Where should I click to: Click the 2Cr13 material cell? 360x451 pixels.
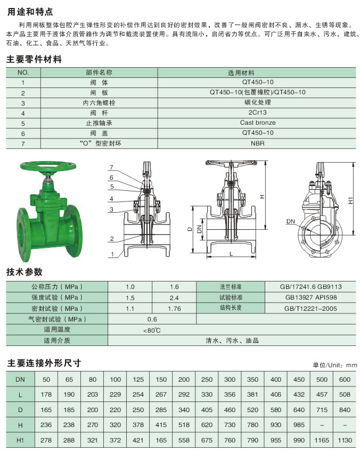click(x=257, y=112)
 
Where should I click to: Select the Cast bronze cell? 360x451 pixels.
click(x=258, y=123)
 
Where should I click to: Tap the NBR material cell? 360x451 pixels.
click(x=257, y=143)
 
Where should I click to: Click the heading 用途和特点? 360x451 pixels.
click(x=30, y=12)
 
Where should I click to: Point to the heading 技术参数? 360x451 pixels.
click(x=24, y=272)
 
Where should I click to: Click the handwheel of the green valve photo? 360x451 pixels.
click(x=48, y=167)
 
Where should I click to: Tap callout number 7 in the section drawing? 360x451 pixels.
click(x=111, y=167)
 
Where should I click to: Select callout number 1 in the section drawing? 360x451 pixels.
click(x=112, y=254)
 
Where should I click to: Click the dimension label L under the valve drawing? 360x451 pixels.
click(x=231, y=254)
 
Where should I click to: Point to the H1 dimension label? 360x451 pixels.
click(x=350, y=200)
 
